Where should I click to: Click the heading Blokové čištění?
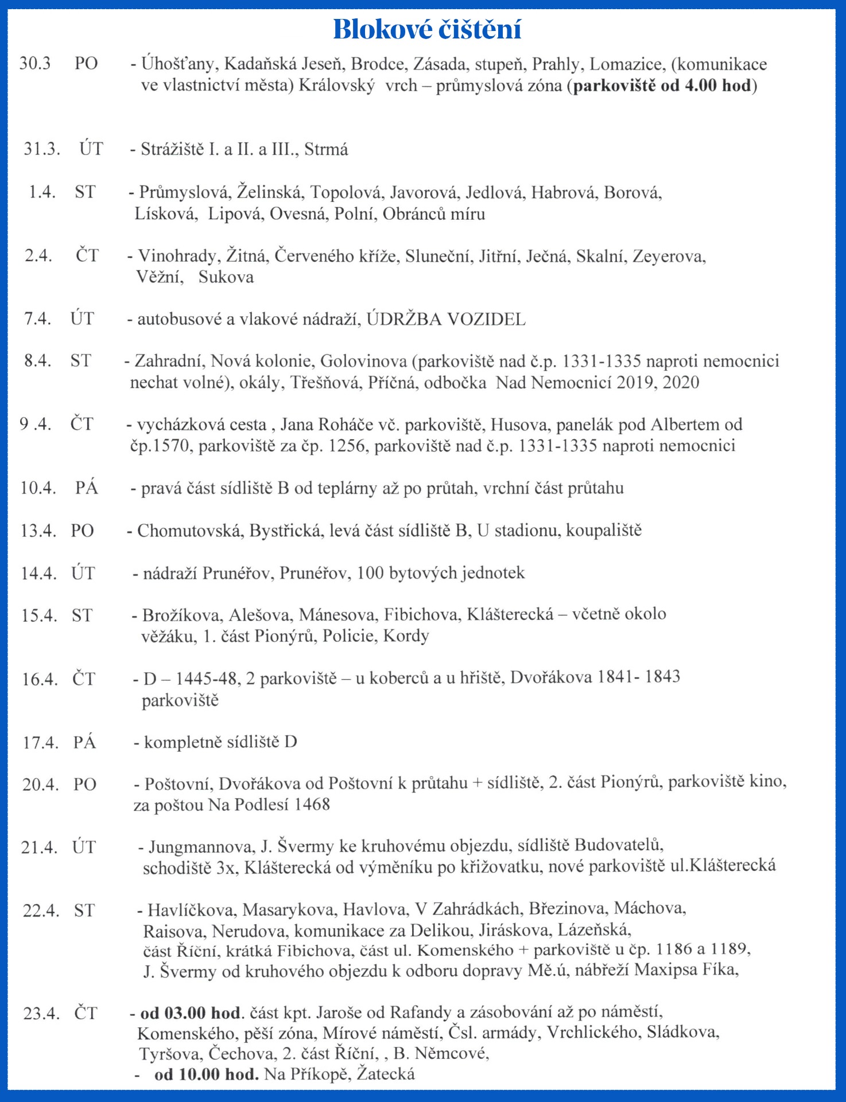click(x=427, y=29)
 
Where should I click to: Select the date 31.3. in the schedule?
click(x=42, y=149)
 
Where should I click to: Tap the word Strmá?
click(x=326, y=149)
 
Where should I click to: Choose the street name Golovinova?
click(x=363, y=361)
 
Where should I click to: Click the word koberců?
click(x=399, y=678)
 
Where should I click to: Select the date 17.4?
click(x=41, y=742)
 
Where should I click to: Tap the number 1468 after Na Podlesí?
click(x=312, y=804)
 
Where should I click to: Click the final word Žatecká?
click(x=386, y=1073)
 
